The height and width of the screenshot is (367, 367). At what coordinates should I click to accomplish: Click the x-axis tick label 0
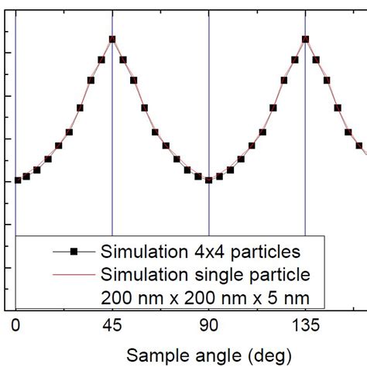15,326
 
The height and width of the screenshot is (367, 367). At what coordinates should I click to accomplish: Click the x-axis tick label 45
112,326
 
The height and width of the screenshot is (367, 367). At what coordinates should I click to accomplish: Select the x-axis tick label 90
208,326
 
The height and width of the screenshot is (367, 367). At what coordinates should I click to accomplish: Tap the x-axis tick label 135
304,326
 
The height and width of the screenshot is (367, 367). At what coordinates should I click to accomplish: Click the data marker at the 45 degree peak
112,39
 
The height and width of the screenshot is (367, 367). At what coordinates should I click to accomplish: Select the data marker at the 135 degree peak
305,39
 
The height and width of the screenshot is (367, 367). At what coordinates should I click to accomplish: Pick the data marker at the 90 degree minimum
208,180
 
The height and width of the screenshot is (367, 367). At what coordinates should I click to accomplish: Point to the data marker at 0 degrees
17,180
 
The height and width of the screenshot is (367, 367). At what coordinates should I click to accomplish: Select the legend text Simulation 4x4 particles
200,252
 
